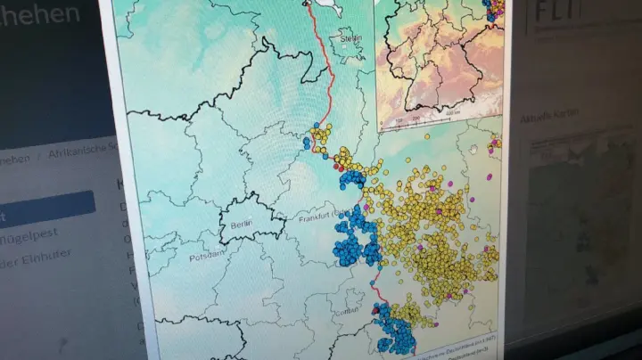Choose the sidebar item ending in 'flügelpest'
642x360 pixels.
40,234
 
